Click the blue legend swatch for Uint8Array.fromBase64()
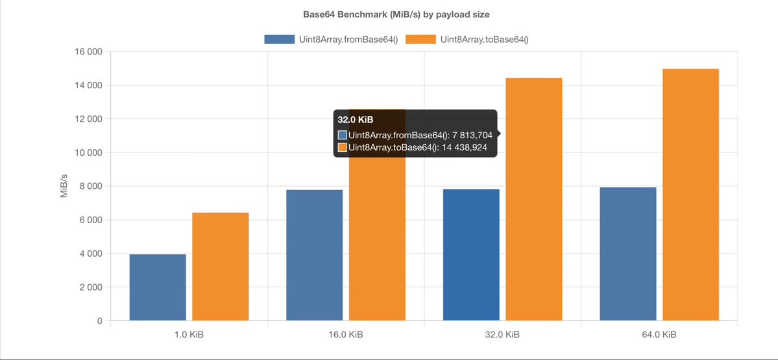279,40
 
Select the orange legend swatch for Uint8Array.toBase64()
420,40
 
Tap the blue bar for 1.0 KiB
158,287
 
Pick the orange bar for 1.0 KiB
221,267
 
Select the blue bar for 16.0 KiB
315,255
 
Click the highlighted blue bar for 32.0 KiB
471,255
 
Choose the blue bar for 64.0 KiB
628,254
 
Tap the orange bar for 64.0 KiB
690,195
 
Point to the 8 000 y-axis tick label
89,186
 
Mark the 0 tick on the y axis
99,321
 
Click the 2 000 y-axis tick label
89,287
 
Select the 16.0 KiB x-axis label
345,335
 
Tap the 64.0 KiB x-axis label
659,335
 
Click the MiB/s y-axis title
64,186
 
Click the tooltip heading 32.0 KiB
355,120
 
